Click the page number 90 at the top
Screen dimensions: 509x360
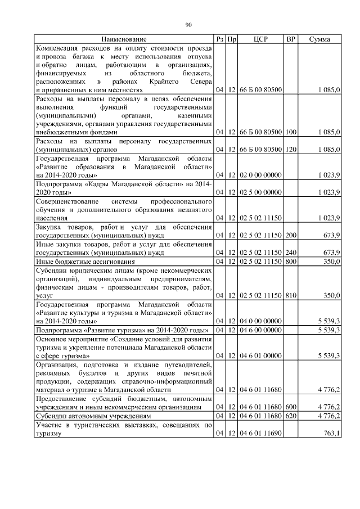coord(188,25)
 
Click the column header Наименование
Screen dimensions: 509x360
coord(124,39)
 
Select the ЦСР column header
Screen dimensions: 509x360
coord(260,39)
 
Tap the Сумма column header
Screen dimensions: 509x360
coord(319,39)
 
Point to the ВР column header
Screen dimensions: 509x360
coord(291,39)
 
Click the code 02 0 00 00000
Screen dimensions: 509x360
coord(260,175)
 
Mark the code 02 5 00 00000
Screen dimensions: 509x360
coord(260,192)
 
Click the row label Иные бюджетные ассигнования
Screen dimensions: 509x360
coord(85,262)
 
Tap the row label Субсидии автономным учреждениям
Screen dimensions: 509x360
coord(93,416)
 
